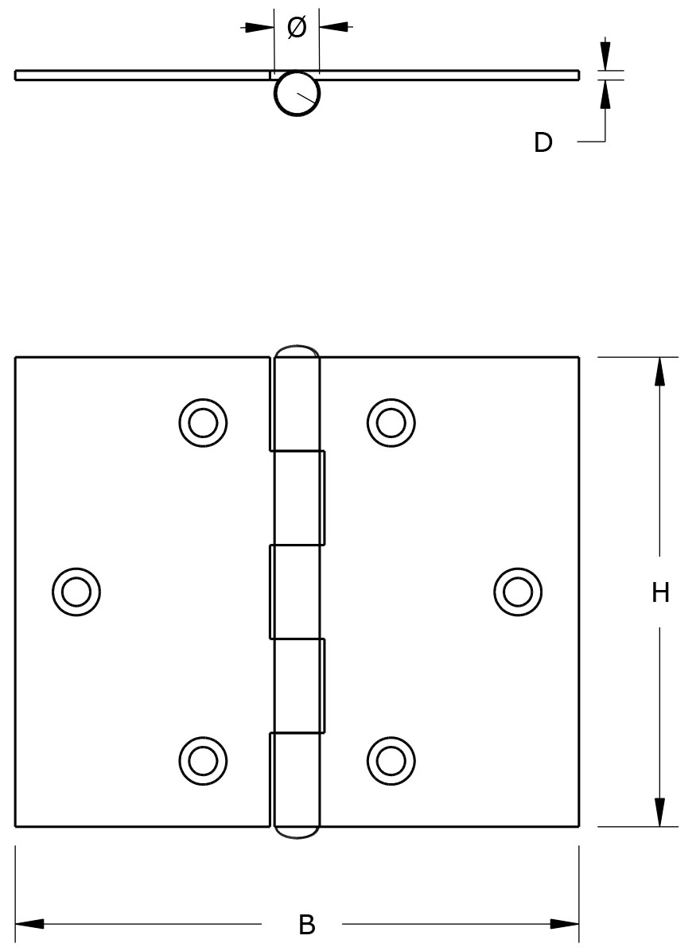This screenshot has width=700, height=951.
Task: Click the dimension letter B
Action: click(x=307, y=925)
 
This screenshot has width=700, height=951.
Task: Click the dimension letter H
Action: click(x=660, y=592)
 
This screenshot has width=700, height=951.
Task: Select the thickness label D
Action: click(x=542, y=142)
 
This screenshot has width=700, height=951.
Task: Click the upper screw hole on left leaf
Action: click(x=203, y=421)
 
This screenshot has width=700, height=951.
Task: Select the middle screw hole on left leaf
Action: click(x=76, y=592)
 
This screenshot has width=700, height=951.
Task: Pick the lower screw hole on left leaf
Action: click(x=203, y=761)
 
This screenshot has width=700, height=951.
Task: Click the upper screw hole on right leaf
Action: click(x=391, y=421)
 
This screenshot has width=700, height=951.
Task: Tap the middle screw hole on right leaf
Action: click(x=518, y=592)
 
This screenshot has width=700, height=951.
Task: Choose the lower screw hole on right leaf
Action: click(x=391, y=761)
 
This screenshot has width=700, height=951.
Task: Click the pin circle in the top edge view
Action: click(x=297, y=94)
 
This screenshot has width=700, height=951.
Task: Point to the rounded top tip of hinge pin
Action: click(x=297, y=351)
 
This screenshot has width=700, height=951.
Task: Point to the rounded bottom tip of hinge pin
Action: click(x=297, y=833)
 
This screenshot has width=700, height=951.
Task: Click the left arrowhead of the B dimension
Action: click(x=29, y=924)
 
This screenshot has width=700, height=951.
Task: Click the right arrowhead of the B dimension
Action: click(x=565, y=924)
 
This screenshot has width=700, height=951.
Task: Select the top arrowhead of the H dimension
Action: click(x=659, y=371)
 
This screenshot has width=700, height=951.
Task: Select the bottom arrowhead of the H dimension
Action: click(x=659, y=813)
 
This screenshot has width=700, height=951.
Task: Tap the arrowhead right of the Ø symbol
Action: click(x=334, y=27)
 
